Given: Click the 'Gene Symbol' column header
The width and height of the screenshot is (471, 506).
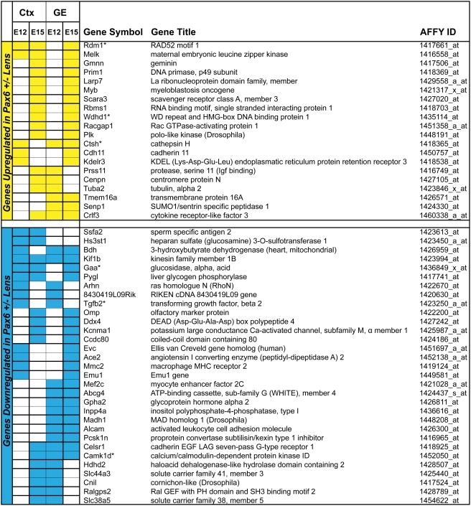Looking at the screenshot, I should pyautogui.click(x=111, y=34).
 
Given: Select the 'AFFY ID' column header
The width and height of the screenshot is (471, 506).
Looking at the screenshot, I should pyautogui.click(x=439, y=34).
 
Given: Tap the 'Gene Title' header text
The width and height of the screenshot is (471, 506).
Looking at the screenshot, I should pyautogui.click(x=174, y=34).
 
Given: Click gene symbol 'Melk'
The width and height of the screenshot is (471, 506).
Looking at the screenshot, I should pyautogui.click(x=93, y=55).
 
